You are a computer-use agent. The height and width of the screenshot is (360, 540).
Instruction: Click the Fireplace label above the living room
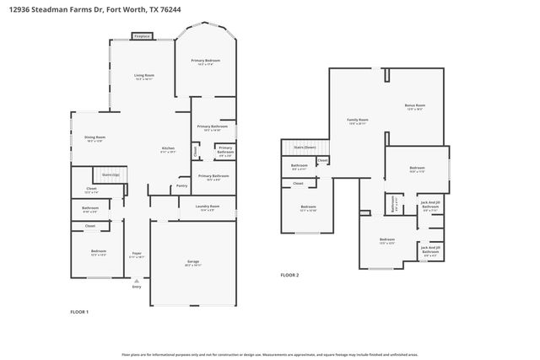(142, 37)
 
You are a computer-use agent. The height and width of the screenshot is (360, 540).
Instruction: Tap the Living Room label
(144, 76)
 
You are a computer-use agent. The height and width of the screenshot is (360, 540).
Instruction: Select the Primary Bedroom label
(206, 61)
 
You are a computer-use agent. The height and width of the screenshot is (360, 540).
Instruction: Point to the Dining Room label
(94, 137)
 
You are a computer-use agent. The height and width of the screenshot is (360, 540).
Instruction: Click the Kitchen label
(169, 148)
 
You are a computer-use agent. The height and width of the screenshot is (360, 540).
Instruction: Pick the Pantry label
(181, 186)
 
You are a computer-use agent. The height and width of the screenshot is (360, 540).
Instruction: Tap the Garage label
(193, 261)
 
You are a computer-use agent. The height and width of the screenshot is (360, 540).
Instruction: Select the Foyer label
(136, 253)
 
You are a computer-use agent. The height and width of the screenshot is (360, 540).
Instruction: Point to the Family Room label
(358, 120)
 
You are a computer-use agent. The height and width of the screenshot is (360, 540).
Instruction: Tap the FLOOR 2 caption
(289, 275)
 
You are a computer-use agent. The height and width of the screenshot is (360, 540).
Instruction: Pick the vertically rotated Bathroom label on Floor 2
(393, 204)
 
